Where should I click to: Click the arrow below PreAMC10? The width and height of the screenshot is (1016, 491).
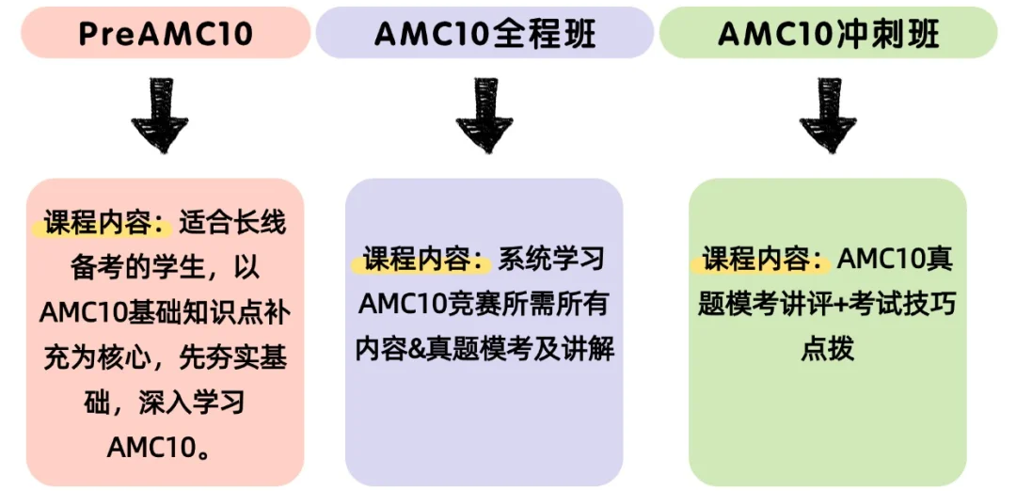(160, 116)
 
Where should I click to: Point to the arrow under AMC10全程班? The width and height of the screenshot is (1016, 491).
(484, 116)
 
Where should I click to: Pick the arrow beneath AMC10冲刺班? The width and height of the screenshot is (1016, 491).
(828, 116)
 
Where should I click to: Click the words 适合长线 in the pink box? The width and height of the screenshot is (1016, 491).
(232, 225)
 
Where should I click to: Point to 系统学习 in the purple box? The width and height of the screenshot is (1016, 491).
(551, 260)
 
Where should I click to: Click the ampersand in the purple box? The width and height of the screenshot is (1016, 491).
(411, 350)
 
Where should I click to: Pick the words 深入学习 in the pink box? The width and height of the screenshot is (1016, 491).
(191, 404)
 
